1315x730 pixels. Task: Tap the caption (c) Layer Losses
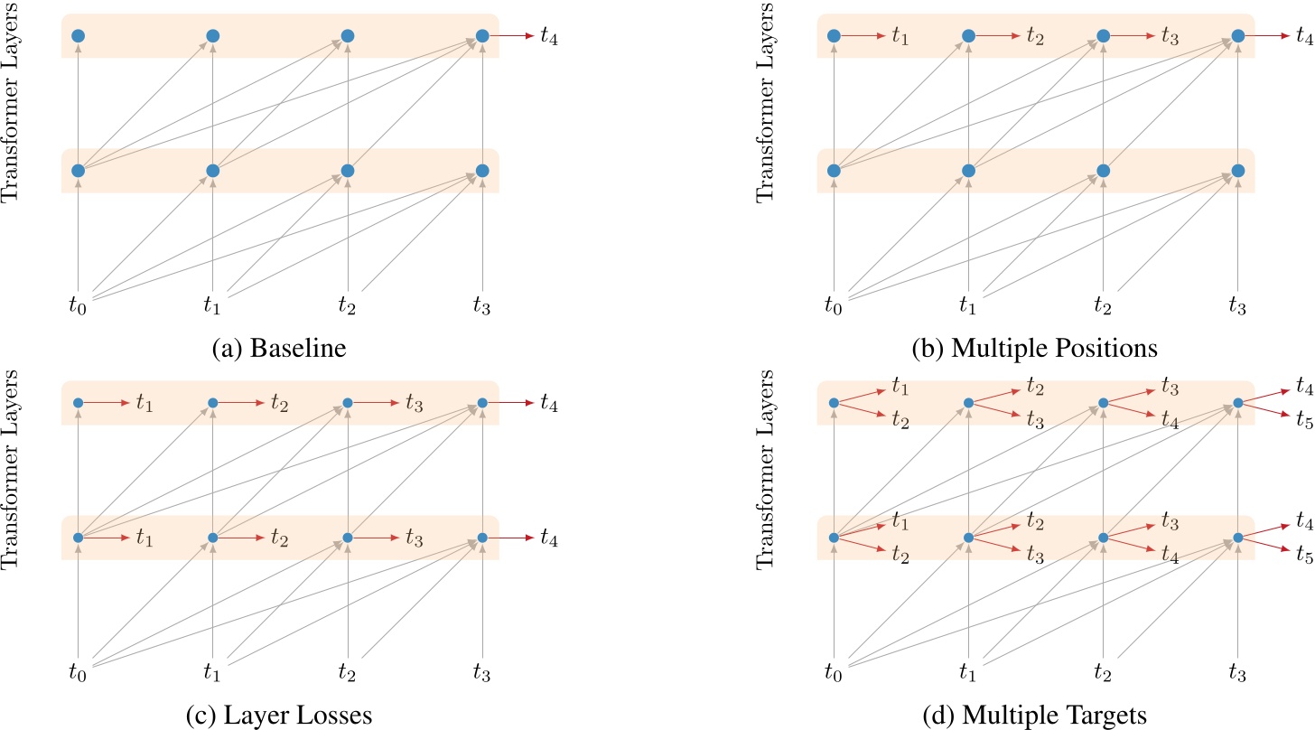point(279,716)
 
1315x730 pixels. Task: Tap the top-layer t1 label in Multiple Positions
point(901,37)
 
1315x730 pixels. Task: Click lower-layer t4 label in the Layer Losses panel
point(548,538)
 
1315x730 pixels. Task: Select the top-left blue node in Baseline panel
point(78,36)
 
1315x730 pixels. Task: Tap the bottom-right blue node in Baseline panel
point(482,171)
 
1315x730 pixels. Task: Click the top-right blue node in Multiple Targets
point(1238,403)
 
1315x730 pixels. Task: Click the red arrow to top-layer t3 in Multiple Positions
point(1133,36)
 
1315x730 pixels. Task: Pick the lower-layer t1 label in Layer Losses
point(145,538)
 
